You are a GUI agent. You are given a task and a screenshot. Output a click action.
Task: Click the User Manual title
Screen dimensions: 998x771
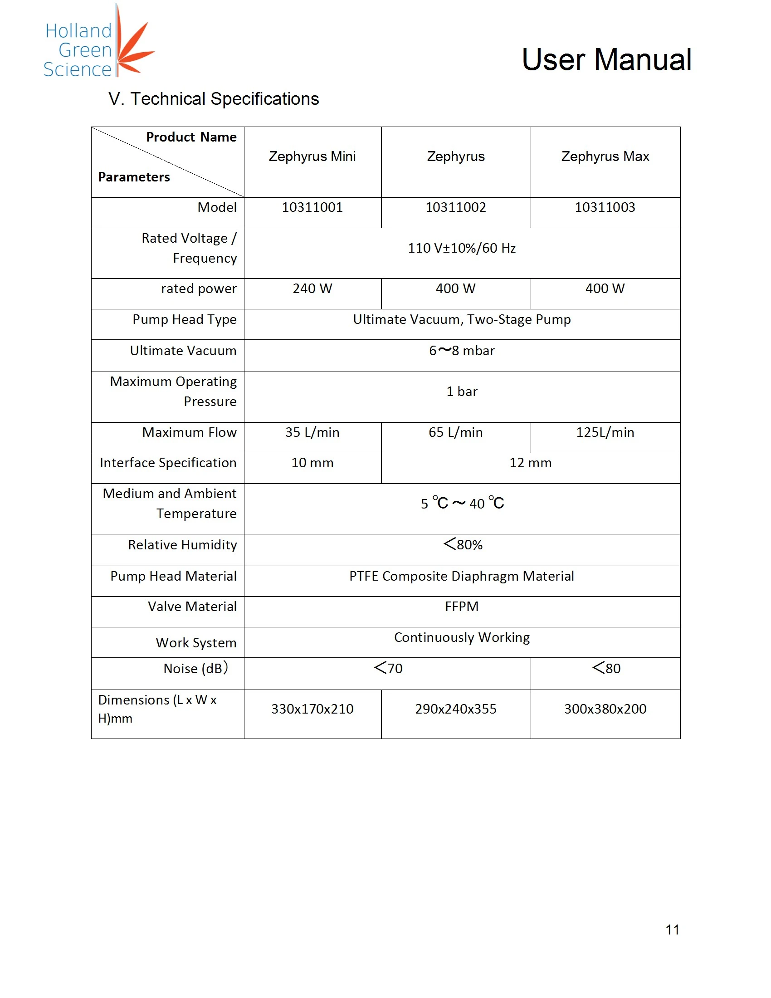click(x=606, y=60)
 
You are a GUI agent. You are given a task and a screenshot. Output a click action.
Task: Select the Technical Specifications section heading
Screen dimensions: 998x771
click(x=213, y=99)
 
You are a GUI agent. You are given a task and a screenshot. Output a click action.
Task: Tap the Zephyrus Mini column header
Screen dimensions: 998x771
click(x=312, y=157)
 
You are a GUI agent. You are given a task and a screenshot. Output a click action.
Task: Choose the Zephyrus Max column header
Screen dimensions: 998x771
click(x=605, y=157)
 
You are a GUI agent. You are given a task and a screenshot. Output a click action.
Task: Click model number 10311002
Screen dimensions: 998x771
click(x=455, y=207)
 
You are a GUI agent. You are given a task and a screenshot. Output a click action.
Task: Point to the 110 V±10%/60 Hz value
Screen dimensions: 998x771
click(x=461, y=248)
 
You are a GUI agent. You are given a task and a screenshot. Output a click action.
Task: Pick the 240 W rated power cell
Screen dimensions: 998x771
click(x=312, y=289)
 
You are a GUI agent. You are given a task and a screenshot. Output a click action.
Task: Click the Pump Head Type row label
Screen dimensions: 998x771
click(x=184, y=319)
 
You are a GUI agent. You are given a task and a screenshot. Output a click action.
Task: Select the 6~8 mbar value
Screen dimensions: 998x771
click(x=461, y=351)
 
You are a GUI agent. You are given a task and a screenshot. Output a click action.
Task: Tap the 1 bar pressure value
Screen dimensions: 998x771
click(x=461, y=391)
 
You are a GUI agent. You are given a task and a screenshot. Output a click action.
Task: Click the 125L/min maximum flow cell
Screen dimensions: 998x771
click(x=605, y=432)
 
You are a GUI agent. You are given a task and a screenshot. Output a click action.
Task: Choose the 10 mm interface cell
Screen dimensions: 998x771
click(x=312, y=463)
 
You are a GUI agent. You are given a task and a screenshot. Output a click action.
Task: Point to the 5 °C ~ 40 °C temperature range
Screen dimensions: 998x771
click(x=462, y=504)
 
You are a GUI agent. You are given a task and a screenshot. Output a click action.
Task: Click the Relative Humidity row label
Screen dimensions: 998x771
click(x=182, y=545)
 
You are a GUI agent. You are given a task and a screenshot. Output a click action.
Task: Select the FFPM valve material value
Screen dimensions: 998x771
click(x=461, y=607)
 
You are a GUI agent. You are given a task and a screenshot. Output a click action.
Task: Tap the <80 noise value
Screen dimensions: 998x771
click(x=605, y=668)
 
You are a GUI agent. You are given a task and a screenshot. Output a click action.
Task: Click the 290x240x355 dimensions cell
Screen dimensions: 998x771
click(x=455, y=709)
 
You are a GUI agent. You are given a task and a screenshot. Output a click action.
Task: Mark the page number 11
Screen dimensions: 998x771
click(x=672, y=930)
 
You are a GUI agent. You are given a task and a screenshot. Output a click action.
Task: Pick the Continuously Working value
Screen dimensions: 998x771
click(x=461, y=637)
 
